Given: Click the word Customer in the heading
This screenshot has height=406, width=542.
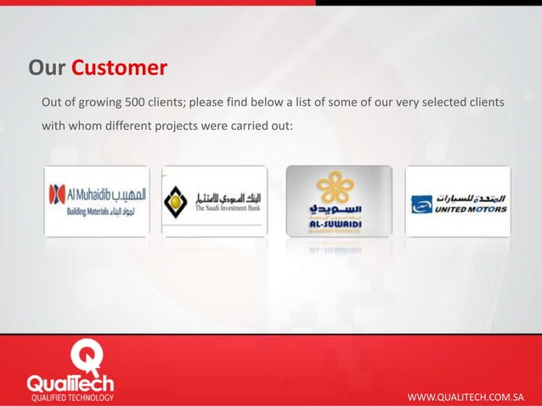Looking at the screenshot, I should (x=119, y=67).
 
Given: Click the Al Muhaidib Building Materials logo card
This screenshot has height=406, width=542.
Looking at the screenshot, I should (x=96, y=201).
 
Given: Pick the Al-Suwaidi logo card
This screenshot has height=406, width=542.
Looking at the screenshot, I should (x=338, y=201).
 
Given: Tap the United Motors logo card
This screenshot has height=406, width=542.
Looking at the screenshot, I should (x=459, y=201).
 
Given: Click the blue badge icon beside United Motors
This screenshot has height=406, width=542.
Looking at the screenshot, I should (x=421, y=203).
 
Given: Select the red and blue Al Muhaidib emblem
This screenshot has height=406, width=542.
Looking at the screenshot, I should (x=58, y=193).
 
